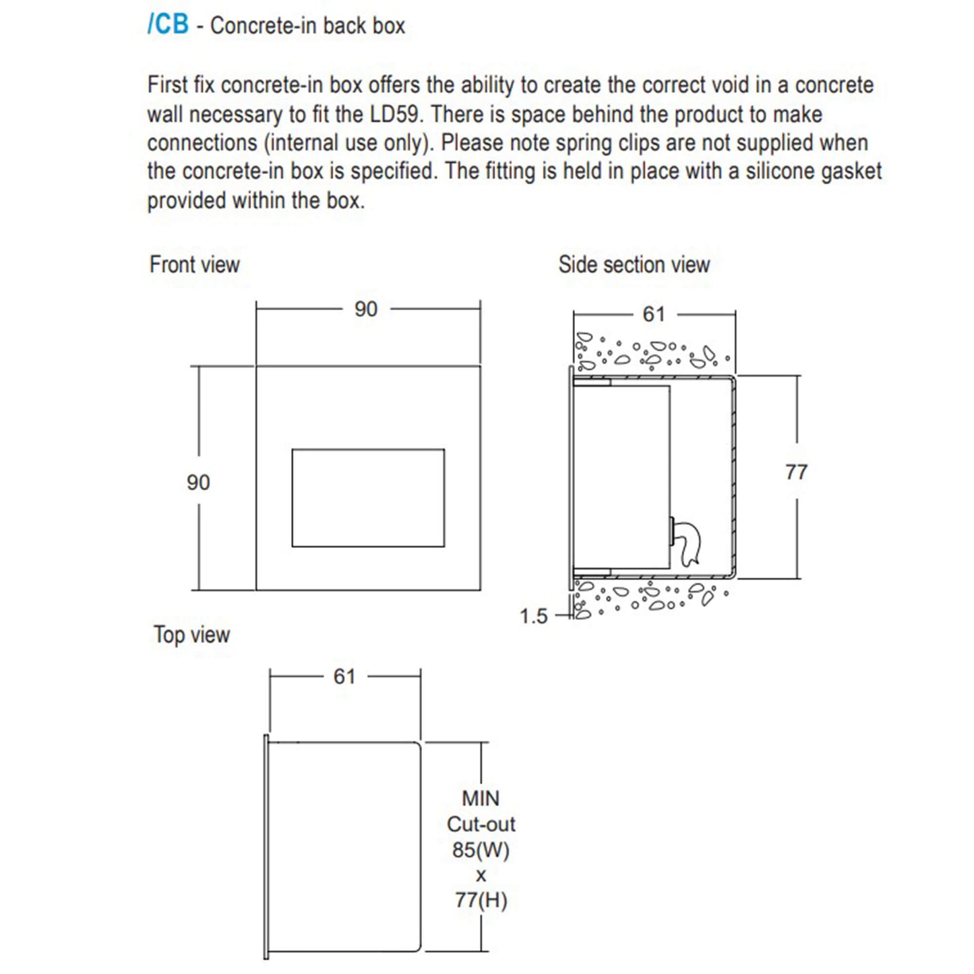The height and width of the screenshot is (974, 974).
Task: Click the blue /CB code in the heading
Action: click(168, 24)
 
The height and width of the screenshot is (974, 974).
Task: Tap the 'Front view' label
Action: click(194, 264)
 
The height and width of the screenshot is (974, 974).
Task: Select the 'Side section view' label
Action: click(634, 264)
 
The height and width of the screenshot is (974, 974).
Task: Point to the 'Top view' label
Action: click(191, 634)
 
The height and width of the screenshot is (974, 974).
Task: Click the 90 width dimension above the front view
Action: click(366, 309)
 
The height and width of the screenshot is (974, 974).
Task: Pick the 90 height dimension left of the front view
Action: click(198, 483)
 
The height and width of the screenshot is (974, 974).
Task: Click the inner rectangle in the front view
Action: click(368, 497)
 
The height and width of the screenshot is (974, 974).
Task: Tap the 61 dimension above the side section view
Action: click(653, 314)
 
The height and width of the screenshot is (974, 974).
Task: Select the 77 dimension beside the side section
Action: click(796, 473)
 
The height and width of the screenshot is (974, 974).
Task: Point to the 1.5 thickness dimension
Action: click(533, 616)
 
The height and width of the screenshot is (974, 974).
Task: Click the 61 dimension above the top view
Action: click(344, 676)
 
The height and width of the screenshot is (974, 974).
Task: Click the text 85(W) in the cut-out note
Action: click(481, 850)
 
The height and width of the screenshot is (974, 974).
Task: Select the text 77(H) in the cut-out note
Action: click(481, 901)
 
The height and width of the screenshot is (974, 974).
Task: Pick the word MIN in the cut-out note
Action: click(481, 799)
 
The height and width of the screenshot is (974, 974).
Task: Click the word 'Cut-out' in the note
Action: click(481, 824)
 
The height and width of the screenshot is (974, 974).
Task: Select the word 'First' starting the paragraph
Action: click(168, 85)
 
